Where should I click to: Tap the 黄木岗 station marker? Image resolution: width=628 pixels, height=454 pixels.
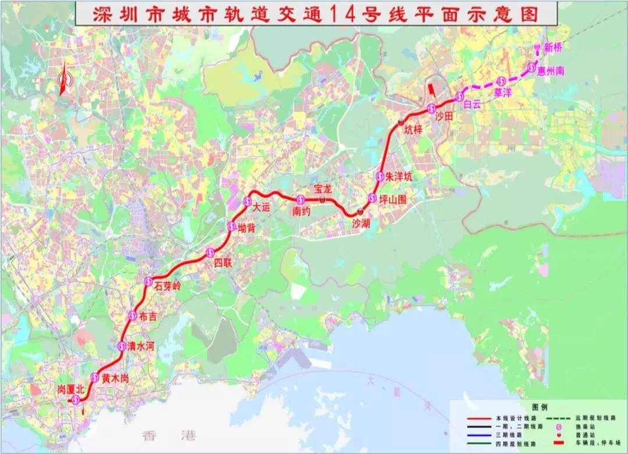coord(95,376)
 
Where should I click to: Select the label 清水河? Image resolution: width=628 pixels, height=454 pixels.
coord(141,346)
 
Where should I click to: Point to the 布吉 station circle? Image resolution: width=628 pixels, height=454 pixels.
coord(132,315)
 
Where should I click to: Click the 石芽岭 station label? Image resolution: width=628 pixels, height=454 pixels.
coord(168,286)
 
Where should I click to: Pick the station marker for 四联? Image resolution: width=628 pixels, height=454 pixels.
coord(210,252)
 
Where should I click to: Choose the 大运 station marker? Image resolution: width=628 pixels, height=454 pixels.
coord(247,201)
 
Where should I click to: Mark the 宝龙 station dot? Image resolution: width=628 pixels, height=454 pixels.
coord(322,199)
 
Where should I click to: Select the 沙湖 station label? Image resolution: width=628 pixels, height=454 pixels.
coord(361,222)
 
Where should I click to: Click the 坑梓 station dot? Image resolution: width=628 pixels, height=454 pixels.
coord(401,122)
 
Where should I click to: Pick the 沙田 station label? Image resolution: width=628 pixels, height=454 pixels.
coord(444,117)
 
